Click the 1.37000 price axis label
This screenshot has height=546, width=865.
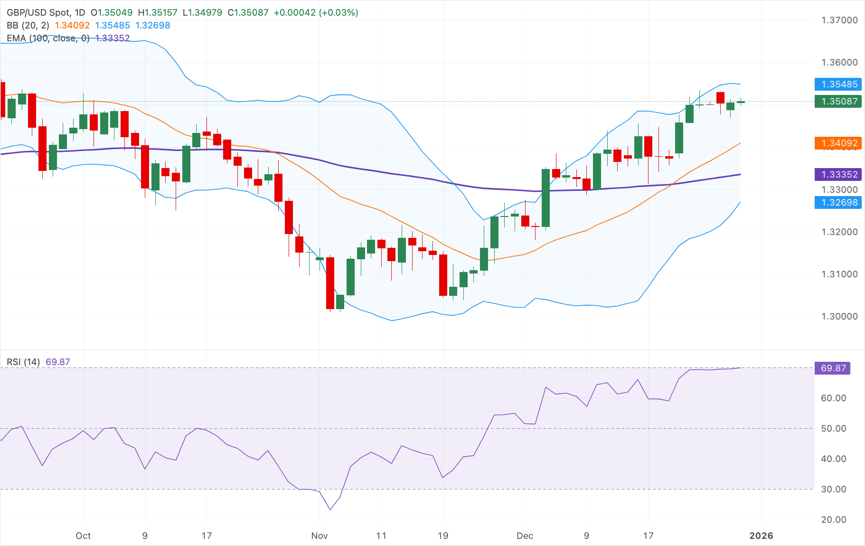(839, 20)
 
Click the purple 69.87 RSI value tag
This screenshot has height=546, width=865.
(833, 368)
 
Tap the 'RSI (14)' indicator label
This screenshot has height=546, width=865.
(23, 362)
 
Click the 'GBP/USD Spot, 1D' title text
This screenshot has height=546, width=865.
(46, 12)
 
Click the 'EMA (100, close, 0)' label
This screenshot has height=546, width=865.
(48, 38)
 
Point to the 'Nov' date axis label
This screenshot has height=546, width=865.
(319, 536)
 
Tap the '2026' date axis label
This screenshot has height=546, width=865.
(761, 536)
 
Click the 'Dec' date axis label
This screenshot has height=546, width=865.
(525, 536)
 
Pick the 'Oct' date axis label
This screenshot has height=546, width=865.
(83, 536)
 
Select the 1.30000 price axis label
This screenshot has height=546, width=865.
(839, 316)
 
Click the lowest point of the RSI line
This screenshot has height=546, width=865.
(330, 510)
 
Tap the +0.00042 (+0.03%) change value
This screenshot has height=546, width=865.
(316, 12)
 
